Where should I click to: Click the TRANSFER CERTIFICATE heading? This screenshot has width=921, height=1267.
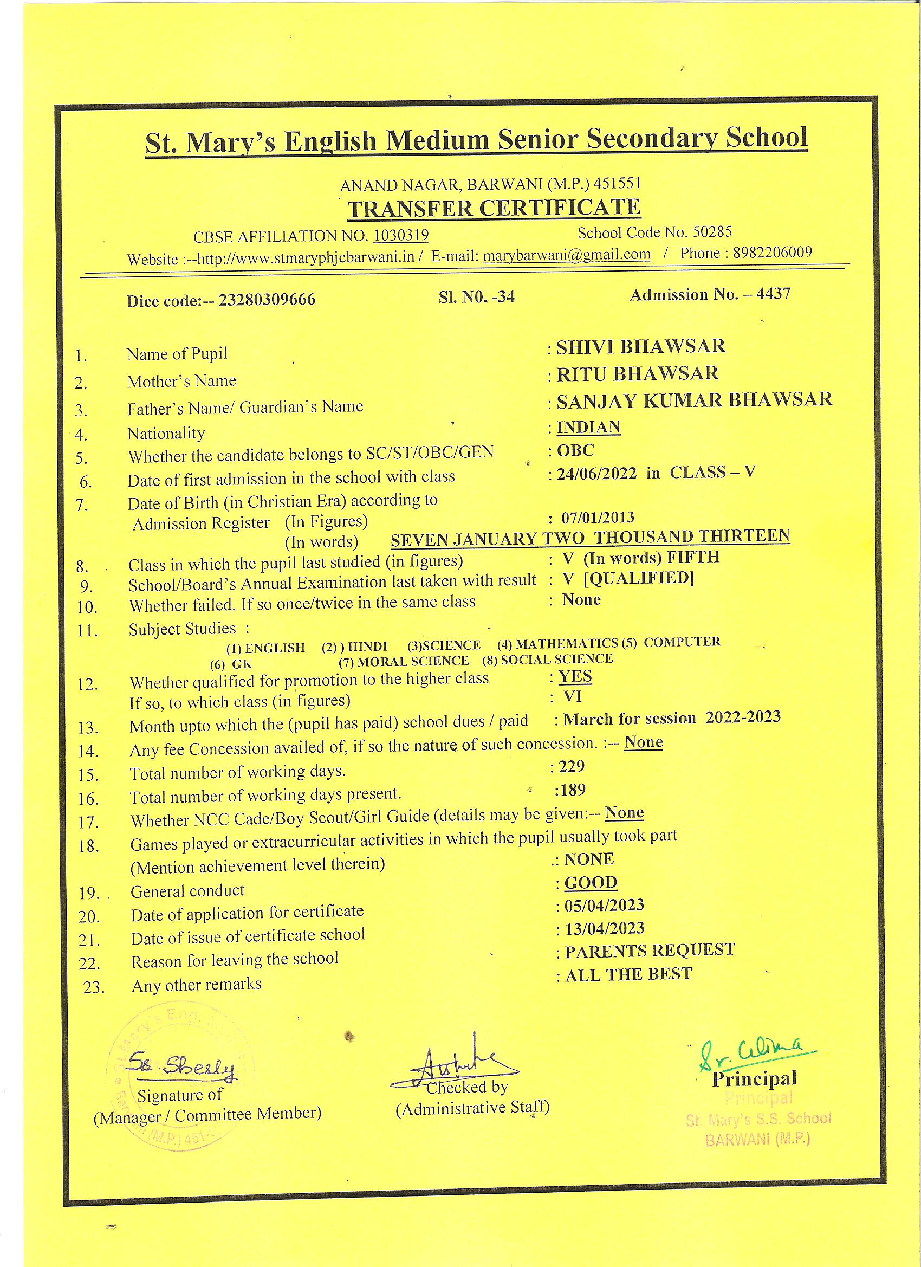(x=494, y=208)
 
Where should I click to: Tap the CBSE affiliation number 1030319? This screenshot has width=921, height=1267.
(x=400, y=235)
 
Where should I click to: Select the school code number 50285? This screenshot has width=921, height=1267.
(x=712, y=232)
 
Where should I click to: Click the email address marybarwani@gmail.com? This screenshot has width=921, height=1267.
(x=566, y=255)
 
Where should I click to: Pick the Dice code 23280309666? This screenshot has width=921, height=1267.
(x=267, y=300)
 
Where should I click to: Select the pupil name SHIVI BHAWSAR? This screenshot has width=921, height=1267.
(x=640, y=346)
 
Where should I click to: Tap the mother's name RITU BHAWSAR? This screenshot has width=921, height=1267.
(x=637, y=373)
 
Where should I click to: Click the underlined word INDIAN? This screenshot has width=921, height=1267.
(x=589, y=428)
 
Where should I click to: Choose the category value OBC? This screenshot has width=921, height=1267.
(x=576, y=450)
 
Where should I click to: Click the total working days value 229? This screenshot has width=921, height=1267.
(x=572, y=766)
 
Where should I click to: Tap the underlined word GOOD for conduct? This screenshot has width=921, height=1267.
(x=591, y=883)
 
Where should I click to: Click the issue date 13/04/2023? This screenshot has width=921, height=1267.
(x=605, y=928)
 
